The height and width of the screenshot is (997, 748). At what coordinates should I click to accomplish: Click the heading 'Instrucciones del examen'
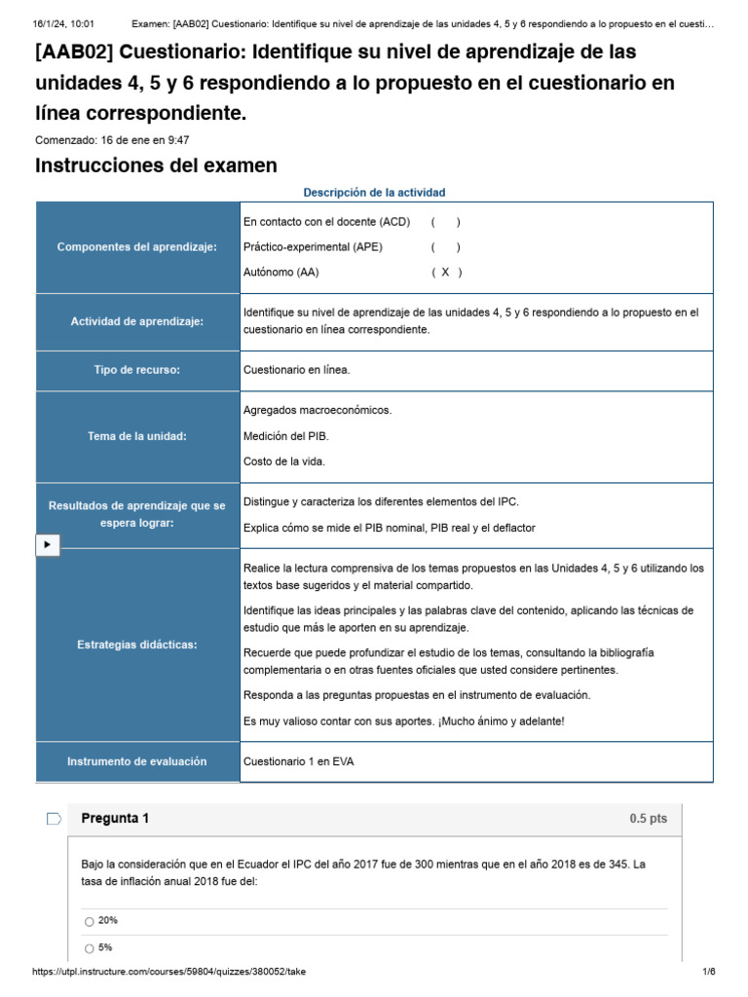[x=156, y=166]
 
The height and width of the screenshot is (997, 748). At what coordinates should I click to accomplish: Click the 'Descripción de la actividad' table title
[x=374, y=193]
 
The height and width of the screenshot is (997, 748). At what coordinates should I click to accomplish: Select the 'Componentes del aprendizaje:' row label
[x=137, y=247]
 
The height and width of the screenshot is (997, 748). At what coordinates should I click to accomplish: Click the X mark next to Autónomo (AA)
[x=445, y=273]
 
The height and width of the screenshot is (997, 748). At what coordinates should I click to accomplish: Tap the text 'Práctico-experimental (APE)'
[x=313, y=247]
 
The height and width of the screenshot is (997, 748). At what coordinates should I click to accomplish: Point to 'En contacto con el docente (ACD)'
[x=326, y=222]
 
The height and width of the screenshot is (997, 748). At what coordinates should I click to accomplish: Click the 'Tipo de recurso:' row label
[x=137, y=370]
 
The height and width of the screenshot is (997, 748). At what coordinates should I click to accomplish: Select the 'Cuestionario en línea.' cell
[x=296, y=370]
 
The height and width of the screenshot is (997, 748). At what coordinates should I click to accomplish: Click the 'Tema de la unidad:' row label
[x=137, y=436]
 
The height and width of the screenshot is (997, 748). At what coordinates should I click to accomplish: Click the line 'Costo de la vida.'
[x=284, y=462]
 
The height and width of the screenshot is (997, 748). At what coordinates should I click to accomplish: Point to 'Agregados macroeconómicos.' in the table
[x=318, y=410]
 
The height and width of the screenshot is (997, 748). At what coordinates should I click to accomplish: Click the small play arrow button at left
[x=47, y=545]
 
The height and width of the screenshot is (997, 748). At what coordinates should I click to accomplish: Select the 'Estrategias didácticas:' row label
[x=137, y=645]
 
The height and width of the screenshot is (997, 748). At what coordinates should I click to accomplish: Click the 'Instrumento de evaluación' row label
[x=137, y=761]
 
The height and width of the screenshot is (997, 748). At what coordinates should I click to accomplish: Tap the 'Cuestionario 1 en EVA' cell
[x=298, y=761]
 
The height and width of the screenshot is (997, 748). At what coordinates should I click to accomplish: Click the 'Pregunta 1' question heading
[x=115, y=819]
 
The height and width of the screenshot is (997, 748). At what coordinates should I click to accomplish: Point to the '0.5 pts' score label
[x=648, y=819]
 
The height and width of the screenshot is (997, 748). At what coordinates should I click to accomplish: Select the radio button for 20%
[x=90, y=921]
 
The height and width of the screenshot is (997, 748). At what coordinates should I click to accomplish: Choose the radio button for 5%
[x=90, y=948]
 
